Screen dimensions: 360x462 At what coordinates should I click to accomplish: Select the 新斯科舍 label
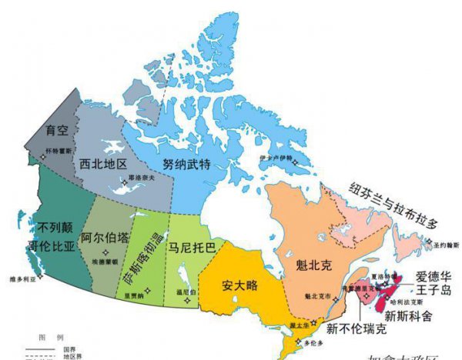408,316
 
